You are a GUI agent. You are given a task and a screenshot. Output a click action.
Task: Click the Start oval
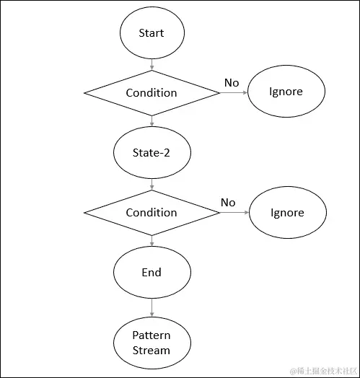pyautogui.click(x=152, y=32)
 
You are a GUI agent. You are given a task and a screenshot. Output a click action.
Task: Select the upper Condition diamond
pyautogui.click(x=152, y=92)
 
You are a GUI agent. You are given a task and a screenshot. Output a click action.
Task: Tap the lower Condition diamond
pyautogui.click(x=152, y=212)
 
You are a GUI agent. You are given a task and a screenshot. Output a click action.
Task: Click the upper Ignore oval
pyautogui.click(x=286, y=92)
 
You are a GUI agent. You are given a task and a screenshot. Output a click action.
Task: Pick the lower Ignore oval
pyautogui.click(x=286, y=213)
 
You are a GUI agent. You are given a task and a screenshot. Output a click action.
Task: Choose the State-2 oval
pyautogui.click(x=152, y=152)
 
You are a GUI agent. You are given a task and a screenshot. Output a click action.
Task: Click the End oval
pyautogui.click(x=152, y=272)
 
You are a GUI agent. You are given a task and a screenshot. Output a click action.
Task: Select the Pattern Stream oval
pyautogui.click(x=152, y=343)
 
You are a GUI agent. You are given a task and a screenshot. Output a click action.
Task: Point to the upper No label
pyautogui.click(x=231, y=83)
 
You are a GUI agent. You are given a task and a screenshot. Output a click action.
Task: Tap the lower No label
pyautogui.click(x=228, y=203)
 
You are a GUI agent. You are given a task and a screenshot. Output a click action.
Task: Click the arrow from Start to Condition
pyautogui.click(x=152, y=63)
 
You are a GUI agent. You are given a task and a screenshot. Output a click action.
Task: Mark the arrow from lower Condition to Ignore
pyautogui.click(x=234, y=213)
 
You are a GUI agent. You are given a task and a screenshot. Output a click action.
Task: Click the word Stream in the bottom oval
pyautogui.click(x=152, y=351)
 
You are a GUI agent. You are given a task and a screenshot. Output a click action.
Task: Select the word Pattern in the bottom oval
pyautogui.click(x=152, y=335)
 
